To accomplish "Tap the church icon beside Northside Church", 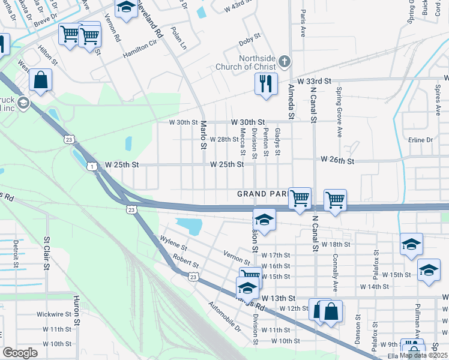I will [x=285, y=61].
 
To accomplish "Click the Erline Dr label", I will [x=420, y=140].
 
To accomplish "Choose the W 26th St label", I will [x=338, y=160].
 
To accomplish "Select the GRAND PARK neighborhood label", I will [x=262, y=194].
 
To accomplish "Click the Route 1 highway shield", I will [x=92, y=166].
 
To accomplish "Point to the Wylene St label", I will [x=174, y=243].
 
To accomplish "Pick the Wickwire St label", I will [x=54, y=314].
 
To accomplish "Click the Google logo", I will [x=20, y=353].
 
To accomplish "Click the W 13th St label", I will [x=279, y=298].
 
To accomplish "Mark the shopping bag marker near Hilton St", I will [x=40, y=81].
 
